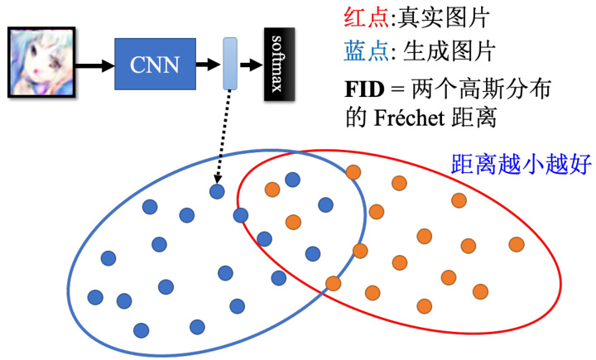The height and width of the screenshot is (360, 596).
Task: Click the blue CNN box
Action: [155, 64]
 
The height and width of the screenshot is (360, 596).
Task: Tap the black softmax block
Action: [280, 64]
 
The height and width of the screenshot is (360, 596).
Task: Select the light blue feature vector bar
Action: [230, 64]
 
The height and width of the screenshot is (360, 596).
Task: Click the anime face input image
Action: [41, 62]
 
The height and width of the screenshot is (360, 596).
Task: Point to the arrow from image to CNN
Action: [94, 65]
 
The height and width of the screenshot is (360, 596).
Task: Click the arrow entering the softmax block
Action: [252, 65]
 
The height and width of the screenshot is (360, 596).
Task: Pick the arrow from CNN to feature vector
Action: [208, 65]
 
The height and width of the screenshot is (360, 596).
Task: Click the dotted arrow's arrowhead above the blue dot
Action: [218, 179]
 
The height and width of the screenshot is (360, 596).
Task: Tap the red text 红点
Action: [366, 17]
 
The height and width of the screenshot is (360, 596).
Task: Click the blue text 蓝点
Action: [366, 51]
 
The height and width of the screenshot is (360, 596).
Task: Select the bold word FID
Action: [364, 89]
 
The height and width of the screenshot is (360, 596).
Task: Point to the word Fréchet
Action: [410, 118]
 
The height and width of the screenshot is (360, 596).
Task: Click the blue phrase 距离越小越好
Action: [521, 164]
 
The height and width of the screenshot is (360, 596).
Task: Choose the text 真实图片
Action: [443, 17]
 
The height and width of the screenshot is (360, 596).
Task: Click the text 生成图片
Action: [449, 51]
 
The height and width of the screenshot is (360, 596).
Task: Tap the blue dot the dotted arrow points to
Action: [217, 192]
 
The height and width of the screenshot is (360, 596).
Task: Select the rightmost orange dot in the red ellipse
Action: [517, 244]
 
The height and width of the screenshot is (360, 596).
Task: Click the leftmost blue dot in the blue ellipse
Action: [95, 297]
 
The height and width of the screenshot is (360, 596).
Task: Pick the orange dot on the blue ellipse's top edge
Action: [353, 172]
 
